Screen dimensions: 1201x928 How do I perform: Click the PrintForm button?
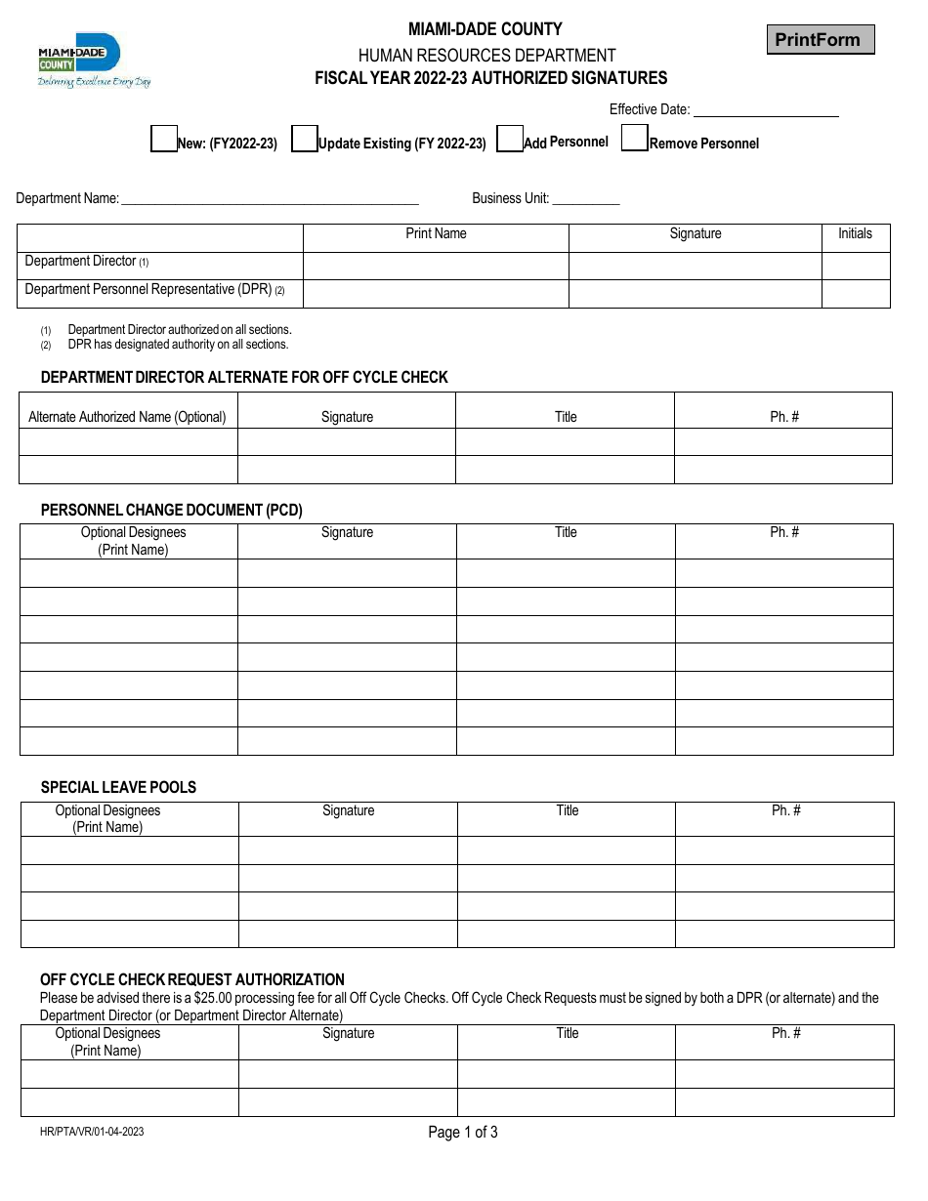(820, 40)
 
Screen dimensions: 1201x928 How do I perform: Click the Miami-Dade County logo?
(94, 61)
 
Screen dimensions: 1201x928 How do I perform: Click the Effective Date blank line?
(766, 110)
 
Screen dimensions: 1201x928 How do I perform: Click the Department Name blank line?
(269, 198)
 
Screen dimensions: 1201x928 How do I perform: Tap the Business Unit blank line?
(586, 198)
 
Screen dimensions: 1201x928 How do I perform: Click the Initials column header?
(855, 234)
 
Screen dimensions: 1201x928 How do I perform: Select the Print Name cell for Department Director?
(436, 266)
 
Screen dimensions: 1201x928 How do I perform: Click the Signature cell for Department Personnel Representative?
(695, 294)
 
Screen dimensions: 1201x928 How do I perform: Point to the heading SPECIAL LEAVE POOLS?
(118, 787)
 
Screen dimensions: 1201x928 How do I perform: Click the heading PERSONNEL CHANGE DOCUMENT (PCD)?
(172, 510)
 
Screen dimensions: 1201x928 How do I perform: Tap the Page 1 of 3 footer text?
(463, 1133)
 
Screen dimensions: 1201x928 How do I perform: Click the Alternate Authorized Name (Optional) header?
(127, 417)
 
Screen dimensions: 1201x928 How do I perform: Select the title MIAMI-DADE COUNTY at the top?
(485, 29)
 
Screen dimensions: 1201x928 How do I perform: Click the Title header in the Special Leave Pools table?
(568, 810)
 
